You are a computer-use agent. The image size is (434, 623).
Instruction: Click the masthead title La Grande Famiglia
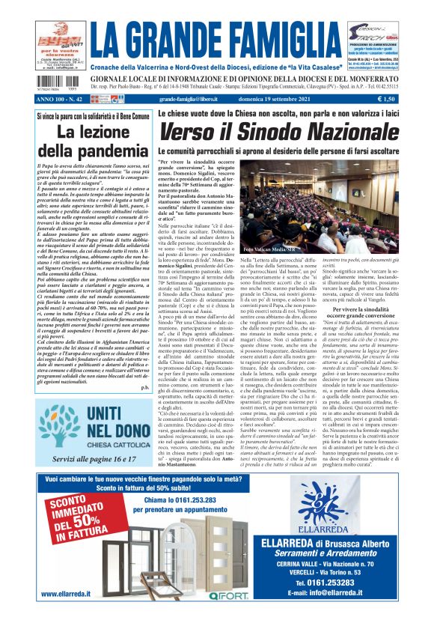[x=216, y=35]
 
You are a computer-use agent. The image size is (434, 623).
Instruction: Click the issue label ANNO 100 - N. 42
[x=65, y=98]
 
